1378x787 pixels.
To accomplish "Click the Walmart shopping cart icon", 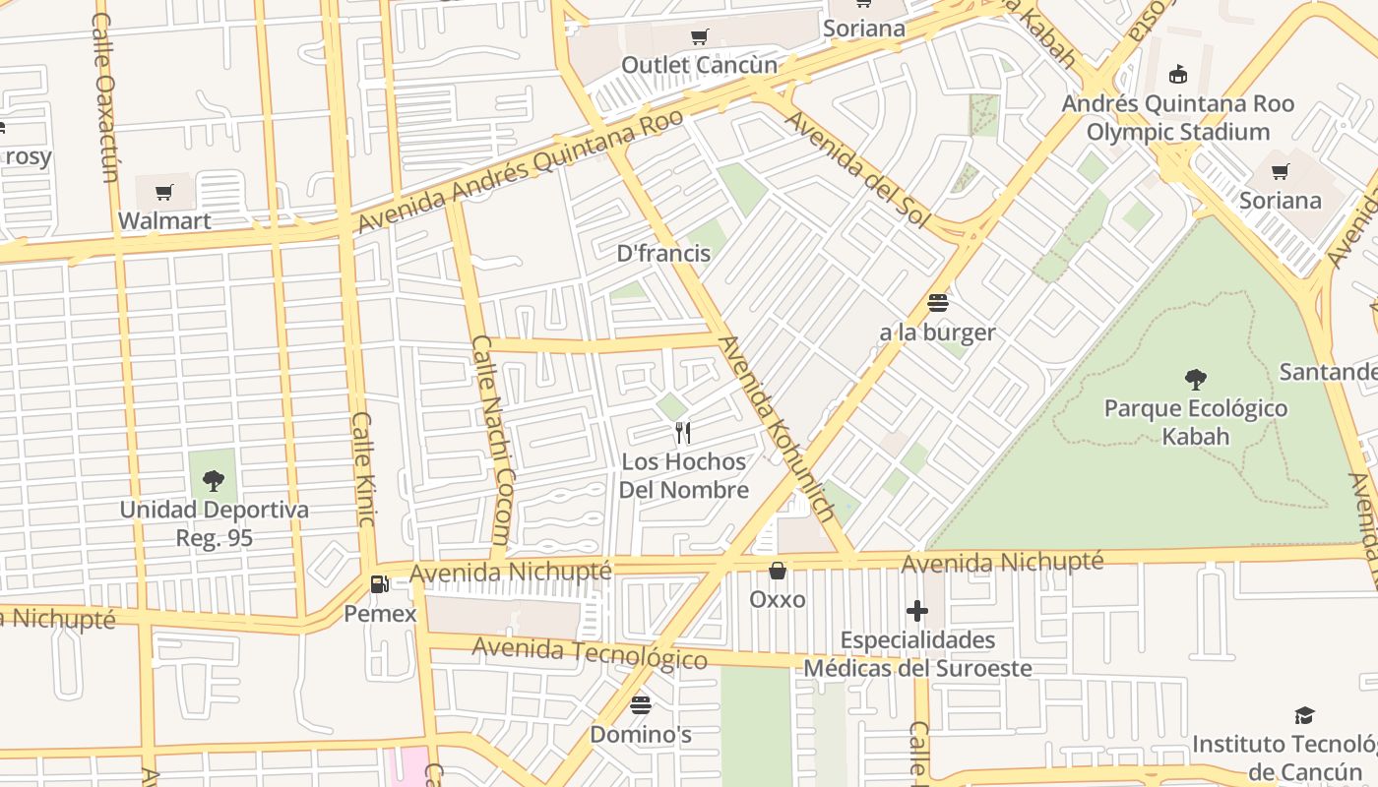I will click(164, 192).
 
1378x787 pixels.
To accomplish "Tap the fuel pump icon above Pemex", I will click(379, 584).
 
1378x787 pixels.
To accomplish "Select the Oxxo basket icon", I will click(778, 571).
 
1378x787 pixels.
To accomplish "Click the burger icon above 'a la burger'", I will click(937, 303).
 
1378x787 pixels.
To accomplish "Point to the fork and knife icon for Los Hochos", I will click(683, 432).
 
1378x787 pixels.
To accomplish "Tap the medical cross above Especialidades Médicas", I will click(917, 611).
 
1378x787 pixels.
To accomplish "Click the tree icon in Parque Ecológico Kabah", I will click(1196, 379).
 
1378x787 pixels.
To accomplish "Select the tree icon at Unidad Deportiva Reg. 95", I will click(214, 481).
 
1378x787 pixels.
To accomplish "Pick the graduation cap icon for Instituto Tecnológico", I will click(1304, 715).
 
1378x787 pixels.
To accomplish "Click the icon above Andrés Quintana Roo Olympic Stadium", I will click(1177, 74).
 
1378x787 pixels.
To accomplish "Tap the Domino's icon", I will click(641, 704).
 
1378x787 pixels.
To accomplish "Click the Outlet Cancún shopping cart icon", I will click(699, 37).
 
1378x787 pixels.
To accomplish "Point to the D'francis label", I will click(663, 253).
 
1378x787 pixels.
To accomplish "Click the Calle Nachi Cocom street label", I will click(490, 441).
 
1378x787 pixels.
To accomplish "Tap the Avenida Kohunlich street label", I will click(778, 429).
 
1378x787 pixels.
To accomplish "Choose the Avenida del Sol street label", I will click(855, 170).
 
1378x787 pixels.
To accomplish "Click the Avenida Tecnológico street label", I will click(589, 652).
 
